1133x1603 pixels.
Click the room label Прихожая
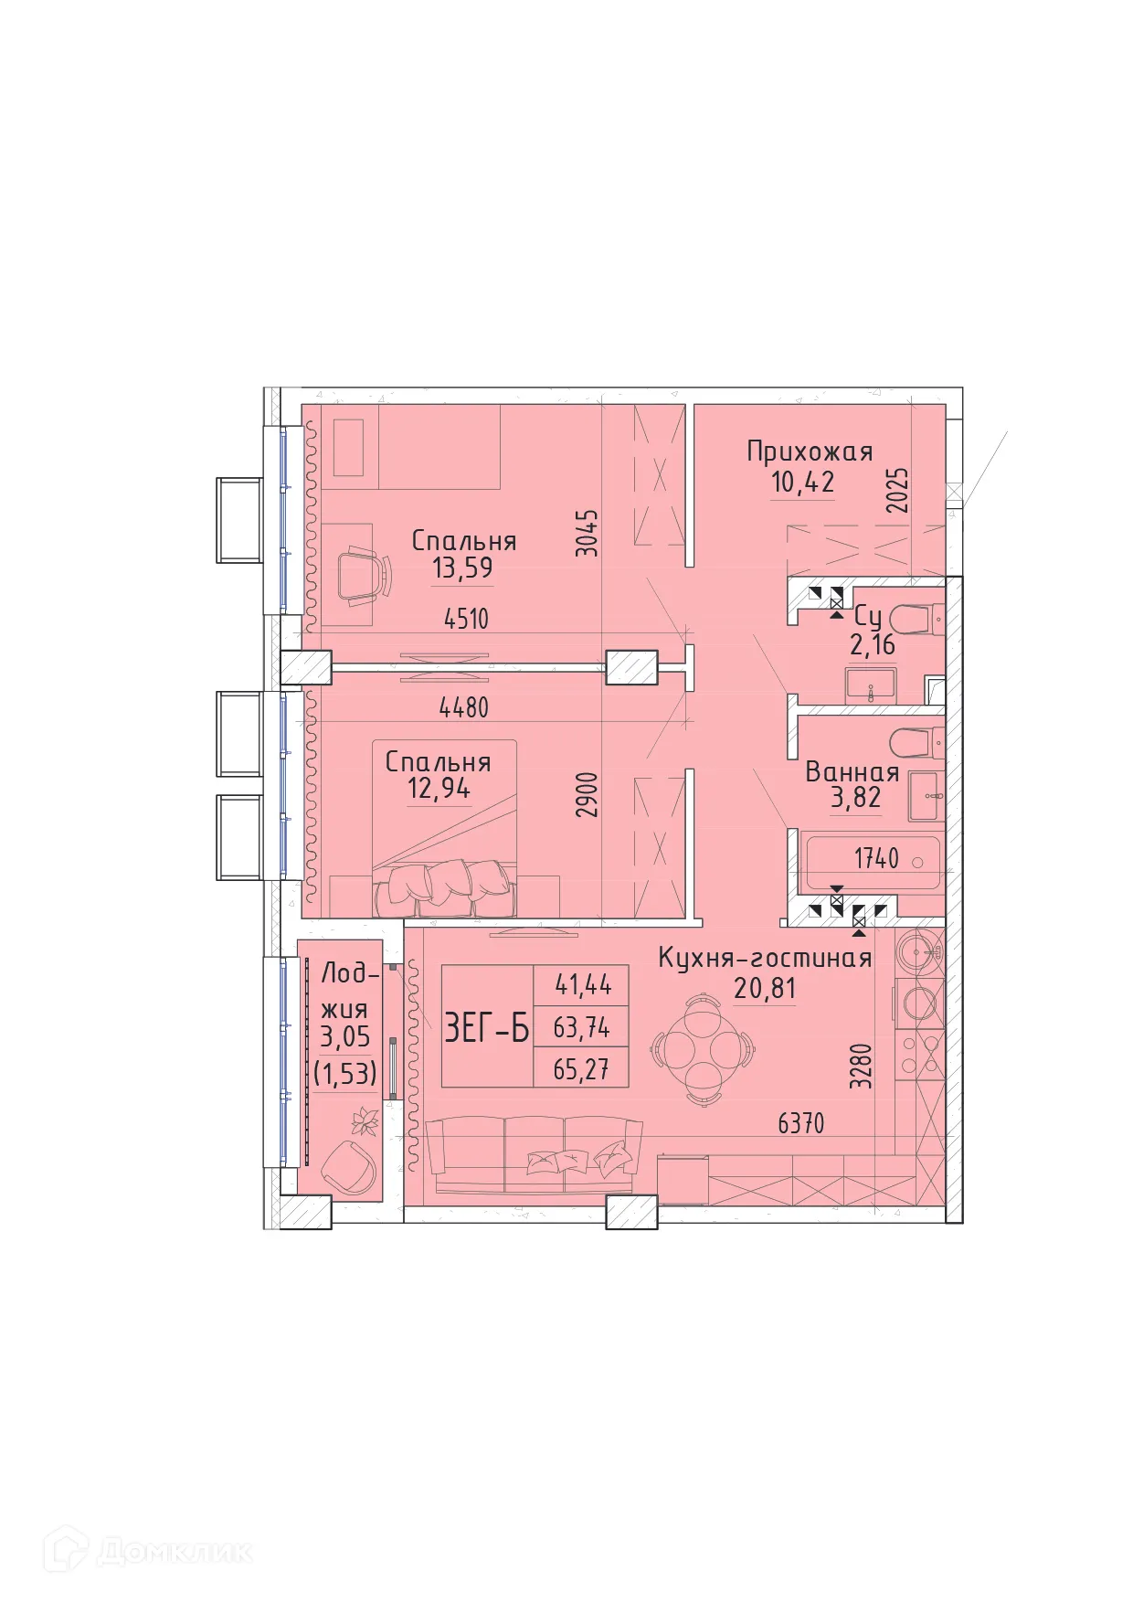(810, 451)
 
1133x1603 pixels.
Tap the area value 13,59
(462, 568)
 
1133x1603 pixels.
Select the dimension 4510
(466, 619)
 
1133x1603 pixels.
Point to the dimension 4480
(463, 707)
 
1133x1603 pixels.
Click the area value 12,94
(439, 788)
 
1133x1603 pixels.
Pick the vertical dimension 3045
(588, 533)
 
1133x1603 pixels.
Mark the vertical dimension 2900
(588, 794)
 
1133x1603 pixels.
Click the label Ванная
(852, 772)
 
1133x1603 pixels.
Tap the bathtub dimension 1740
(876, 858)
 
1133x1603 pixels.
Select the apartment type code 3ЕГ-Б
(486, 1028)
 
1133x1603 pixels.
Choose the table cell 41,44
(583, 985)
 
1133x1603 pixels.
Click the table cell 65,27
(581, 1068)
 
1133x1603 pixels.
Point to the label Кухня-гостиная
(765, 959)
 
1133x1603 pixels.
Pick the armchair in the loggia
(349, 1166)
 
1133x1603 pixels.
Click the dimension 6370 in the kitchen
(800, 1122)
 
